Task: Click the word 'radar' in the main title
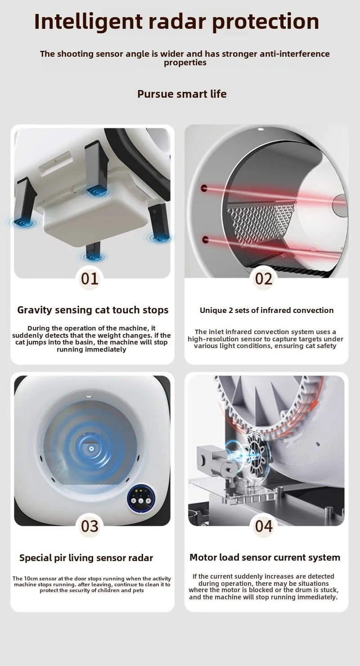click(x=177, y=22)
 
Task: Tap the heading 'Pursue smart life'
click(x=182, y=94)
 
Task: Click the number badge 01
click(x=90, y=279)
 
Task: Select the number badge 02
click(x=263, y=279)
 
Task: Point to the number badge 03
click(x=90, y=526)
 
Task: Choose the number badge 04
click(x=263, y=526)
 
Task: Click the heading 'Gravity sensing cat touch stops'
click(x=93, y=310)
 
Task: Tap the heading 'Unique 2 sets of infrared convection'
click(x=266, y=310)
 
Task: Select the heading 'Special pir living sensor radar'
click(x=86, y=558)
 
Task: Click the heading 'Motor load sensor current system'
click(x=265, y=557)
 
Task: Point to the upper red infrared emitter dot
click(x=204, y=188)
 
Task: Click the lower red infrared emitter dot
click(x=205, y=240)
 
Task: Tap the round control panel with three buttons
click(x=141, y=500)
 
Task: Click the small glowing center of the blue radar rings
click(x=91, y=449)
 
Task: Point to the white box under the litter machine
click(x=96, y=218)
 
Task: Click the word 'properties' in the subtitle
click(x=185, y=63)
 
